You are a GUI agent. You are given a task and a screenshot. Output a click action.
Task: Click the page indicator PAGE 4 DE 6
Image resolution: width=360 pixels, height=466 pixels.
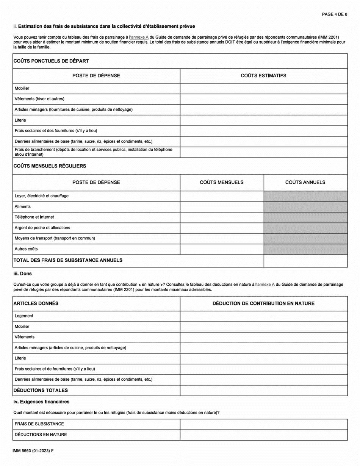[334, 14]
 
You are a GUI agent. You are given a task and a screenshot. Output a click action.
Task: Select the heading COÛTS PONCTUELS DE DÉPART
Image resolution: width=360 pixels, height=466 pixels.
[51, 61]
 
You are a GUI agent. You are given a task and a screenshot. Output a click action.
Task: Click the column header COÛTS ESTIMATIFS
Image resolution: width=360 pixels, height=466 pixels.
[263, 76]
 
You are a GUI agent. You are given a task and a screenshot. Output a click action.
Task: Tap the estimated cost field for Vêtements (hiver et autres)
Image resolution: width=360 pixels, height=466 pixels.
[263, 99]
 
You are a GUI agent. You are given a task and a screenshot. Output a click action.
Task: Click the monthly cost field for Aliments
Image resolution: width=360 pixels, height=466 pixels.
[222, 207]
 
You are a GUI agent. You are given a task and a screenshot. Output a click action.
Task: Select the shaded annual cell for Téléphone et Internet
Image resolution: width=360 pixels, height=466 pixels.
[305, 217]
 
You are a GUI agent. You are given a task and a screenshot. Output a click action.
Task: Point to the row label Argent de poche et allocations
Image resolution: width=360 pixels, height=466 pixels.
[42, 228]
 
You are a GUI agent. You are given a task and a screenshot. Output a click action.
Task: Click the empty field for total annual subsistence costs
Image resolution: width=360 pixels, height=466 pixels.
[305, 261]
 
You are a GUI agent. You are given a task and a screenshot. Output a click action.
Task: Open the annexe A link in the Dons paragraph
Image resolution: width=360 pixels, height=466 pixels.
[266, 284]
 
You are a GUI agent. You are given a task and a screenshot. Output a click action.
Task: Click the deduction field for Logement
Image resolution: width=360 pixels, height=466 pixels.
[263, 316]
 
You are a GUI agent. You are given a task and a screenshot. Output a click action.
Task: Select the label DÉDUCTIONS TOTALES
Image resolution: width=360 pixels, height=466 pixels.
[41, 390]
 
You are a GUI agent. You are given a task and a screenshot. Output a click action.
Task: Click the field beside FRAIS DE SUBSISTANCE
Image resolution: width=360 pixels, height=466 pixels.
[263, 424]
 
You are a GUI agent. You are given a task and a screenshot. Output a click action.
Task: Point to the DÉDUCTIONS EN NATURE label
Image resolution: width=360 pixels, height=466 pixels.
[41, 435]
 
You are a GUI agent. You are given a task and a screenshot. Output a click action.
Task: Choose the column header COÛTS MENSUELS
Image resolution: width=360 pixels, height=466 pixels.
[222, 182]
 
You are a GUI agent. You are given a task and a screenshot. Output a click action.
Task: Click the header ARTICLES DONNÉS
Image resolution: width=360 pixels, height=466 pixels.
[36, 303]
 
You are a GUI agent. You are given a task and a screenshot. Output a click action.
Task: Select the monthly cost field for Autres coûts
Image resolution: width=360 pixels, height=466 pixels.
[222, 249]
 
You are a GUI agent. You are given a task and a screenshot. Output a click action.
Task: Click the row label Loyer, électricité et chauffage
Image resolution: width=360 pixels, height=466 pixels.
[41, 196]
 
